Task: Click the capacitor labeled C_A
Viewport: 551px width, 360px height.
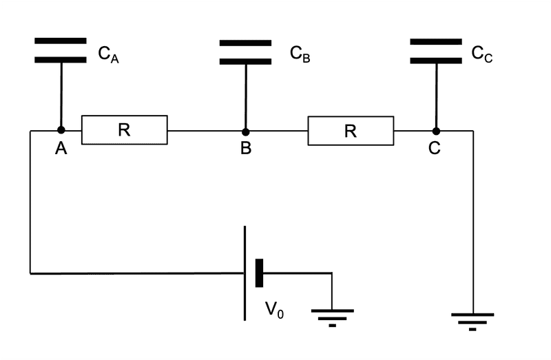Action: (61, 50)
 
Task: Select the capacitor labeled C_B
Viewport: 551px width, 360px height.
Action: (246, 52)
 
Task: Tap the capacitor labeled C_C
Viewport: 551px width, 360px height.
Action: (436, 51)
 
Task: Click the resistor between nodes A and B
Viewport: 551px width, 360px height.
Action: (125, 130)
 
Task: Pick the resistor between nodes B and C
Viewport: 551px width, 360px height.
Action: (351, 131)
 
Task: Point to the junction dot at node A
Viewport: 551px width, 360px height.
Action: (61, 130)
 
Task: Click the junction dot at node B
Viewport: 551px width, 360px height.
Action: (245, 131)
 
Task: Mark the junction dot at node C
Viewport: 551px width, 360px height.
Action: (435, 131)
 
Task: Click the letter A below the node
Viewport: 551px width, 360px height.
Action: (61, 149)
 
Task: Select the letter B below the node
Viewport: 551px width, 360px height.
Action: (246, 149)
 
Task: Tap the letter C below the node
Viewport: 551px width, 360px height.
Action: (435, 149)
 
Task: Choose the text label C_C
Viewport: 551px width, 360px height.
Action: (482, 54)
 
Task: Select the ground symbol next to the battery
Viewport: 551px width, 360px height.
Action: (333, 316)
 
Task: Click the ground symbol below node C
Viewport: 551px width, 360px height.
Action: (472, 321)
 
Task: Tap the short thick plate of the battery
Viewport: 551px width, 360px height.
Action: (260, 273)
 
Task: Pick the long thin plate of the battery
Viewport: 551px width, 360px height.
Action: (245, 273)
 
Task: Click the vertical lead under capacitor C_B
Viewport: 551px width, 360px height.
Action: (245, 96)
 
